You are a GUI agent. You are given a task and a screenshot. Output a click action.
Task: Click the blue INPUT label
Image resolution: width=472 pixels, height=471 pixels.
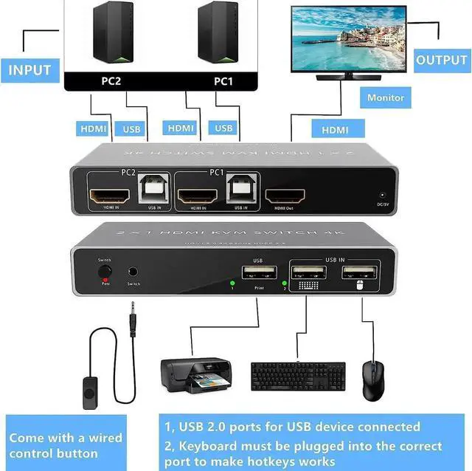tap(29, 70)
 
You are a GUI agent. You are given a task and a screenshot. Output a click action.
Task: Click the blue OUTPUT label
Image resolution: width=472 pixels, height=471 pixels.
tap(441, 60)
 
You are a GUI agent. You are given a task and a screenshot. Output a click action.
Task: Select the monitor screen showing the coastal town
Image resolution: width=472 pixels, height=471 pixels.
tap(348, 38)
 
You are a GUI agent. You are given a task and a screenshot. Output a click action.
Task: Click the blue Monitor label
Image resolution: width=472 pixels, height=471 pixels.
tap(386, 97)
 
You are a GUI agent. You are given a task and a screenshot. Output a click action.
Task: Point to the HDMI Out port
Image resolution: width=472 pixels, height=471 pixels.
tap(285, 196)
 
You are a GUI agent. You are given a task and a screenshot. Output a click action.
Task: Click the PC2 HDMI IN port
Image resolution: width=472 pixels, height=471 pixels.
tap(109, 196)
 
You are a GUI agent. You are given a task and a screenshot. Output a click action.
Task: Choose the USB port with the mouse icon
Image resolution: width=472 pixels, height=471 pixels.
tap(361, 272)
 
